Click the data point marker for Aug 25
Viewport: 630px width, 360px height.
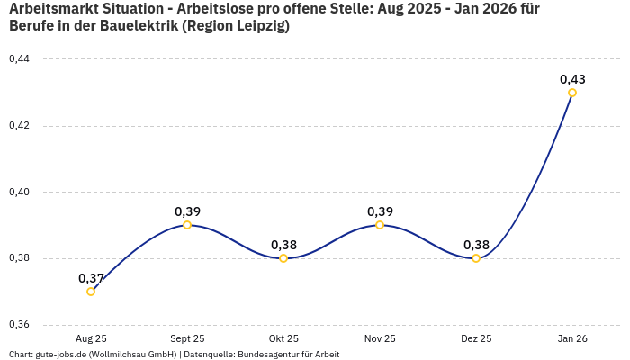91,292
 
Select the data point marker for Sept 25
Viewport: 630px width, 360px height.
187,225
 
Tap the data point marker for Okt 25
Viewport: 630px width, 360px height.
283,258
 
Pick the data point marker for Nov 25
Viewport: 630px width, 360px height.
380,225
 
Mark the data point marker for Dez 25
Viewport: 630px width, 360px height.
476,258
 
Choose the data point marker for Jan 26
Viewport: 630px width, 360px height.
572,93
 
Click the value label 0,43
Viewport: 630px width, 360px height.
572,79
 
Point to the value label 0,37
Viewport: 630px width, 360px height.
91,278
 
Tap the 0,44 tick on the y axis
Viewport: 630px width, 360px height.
19,59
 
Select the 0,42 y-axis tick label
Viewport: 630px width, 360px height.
19,126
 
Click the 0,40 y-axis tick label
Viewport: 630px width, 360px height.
19,193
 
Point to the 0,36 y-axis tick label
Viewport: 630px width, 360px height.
19,325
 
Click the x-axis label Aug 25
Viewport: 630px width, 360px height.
91,339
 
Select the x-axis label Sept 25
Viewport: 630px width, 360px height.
187,339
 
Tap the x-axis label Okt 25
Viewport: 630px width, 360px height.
283,339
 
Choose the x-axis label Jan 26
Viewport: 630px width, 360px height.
572,339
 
